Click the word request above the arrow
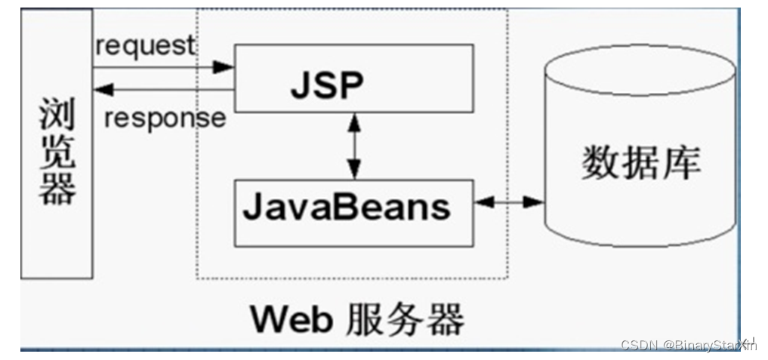[x=145, y=45]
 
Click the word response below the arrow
[x=165, y=118]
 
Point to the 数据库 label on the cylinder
[x=640, y=162]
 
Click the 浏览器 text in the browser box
[x=57, y=151]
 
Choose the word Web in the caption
[x=291, y=319]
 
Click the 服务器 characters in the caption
[x=405, y=319]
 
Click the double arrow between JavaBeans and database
[x=509, y=202]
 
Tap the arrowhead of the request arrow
[x=223, y=67]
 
